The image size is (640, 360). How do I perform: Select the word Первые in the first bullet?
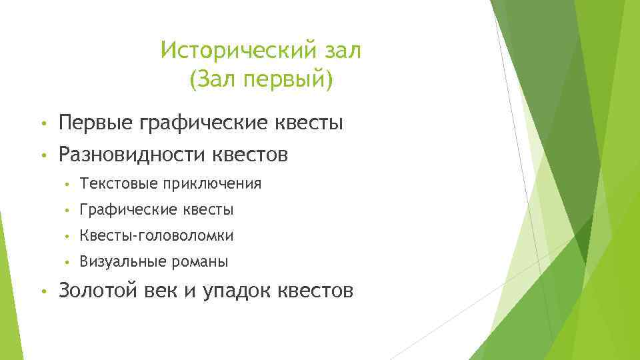click(96, 123)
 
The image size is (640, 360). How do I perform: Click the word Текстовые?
click(109, 183)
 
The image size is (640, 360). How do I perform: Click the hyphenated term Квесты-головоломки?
click(157, 236)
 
